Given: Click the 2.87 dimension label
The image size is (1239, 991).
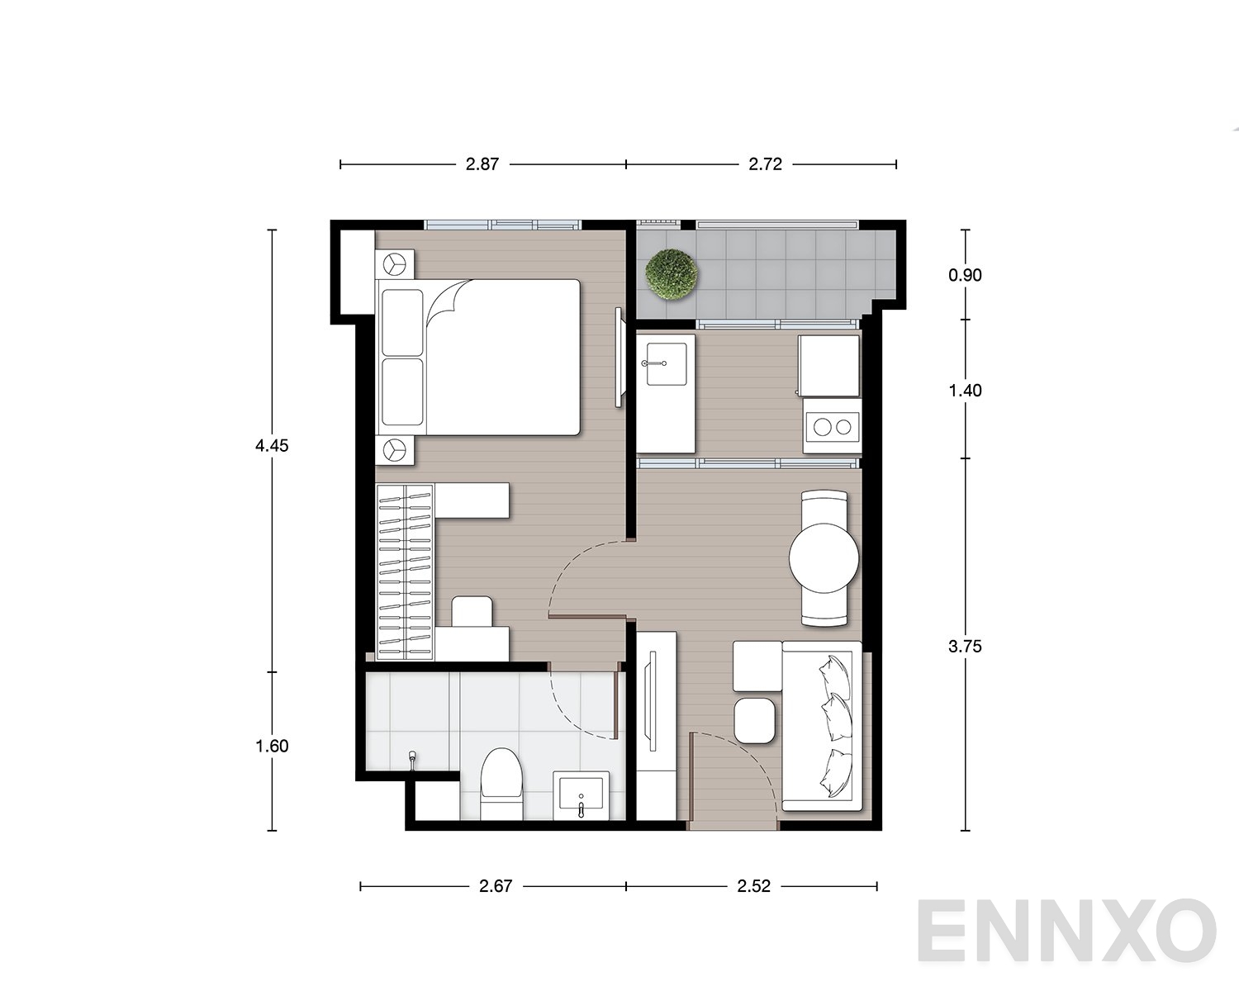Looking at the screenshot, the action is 482,164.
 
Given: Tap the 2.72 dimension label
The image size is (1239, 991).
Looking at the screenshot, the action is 765,164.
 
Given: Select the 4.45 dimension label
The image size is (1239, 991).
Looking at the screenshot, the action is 272,445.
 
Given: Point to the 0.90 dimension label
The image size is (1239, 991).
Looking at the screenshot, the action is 965,275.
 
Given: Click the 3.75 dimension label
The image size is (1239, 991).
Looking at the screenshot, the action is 965,646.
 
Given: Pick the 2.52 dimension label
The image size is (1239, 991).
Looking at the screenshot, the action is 753,885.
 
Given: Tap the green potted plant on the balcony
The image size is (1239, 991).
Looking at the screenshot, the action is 672,274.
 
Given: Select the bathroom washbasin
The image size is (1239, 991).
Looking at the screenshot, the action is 581,795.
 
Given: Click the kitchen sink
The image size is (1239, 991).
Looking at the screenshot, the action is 666,364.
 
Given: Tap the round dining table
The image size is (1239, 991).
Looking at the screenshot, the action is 824,558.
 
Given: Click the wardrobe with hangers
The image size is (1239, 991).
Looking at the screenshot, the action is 404,571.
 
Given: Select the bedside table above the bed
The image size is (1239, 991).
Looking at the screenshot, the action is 394,264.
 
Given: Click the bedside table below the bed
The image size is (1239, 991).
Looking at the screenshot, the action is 394,449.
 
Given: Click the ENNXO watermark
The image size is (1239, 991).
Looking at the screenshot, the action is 1066,931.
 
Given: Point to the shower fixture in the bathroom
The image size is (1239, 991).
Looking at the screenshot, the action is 412,759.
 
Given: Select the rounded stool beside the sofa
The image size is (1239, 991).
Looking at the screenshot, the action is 754,720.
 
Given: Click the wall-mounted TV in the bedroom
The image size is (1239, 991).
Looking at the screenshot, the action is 619,357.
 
